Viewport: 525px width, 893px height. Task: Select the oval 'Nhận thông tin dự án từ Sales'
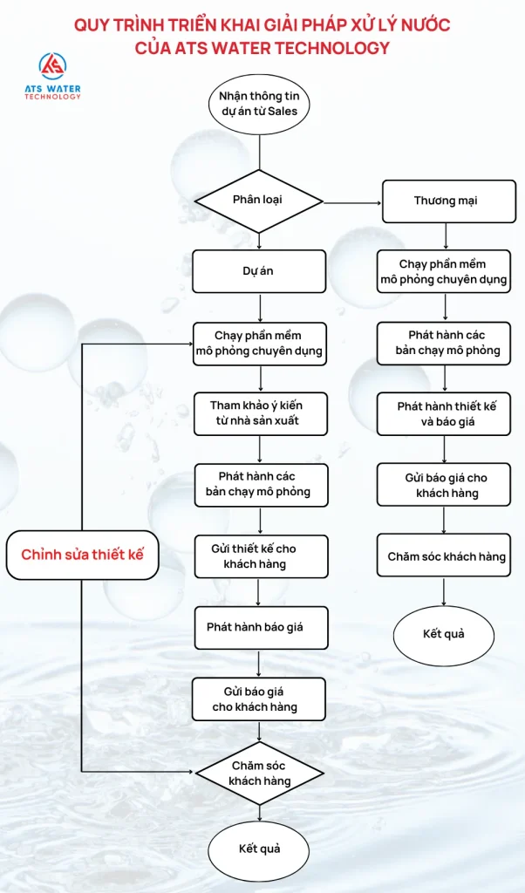(259, 104)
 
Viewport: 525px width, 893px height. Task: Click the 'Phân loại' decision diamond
(259, 201)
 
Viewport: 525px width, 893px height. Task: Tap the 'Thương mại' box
(446, 201)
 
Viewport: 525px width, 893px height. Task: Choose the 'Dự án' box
(259, 271)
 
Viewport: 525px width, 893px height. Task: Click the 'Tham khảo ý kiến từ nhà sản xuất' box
(259, 414)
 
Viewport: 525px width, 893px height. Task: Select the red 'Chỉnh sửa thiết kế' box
(82, 555)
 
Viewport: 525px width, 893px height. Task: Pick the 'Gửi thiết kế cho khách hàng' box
(259, 556)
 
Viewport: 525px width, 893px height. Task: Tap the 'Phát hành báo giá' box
(259, 628)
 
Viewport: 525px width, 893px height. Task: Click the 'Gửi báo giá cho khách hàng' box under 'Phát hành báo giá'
(259, 699)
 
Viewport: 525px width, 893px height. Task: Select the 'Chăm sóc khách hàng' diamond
(259, 773)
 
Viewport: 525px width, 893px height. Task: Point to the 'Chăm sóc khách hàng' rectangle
(446, 556)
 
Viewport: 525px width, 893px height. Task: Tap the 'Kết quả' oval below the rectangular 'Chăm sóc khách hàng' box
(444, 633)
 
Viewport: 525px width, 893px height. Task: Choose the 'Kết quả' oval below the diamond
(259, 849)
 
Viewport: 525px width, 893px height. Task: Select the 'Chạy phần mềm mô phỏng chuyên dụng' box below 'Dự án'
(259, 343)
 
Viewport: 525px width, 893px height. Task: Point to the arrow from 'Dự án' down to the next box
(260, 307)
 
